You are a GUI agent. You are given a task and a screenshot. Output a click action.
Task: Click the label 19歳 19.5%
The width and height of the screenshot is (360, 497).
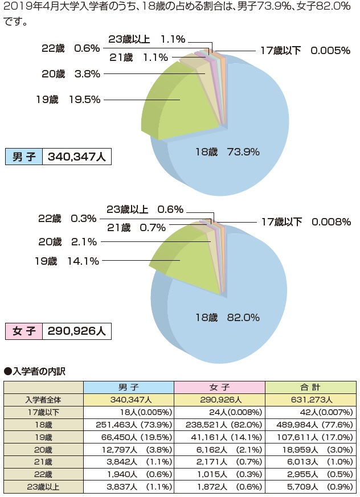click(x=68, y=100)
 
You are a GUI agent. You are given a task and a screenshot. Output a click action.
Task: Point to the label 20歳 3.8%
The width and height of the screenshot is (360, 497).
click(x=71, y=73)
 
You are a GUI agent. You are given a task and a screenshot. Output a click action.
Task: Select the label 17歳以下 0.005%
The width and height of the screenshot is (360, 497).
click(x=305, y=51)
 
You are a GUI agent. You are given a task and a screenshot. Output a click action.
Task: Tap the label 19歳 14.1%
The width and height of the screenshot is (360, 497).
click(x=67, y=261)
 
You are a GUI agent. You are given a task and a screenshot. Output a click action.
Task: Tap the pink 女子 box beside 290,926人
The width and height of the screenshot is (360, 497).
click(x=24, y=331)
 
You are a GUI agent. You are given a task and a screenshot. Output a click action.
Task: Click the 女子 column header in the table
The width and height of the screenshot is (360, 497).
click(x=219, y=387)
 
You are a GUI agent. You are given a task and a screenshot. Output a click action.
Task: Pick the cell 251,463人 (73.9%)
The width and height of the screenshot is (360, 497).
click(x=128, y=424)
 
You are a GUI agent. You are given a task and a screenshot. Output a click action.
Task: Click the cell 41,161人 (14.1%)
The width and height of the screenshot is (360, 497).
click(x=219, y=437)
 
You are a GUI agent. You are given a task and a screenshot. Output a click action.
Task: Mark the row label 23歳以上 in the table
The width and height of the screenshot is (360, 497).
click(x=43, y=486)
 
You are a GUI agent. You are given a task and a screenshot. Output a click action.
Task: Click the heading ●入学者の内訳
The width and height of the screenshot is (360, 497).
click(x=35, y=371)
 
